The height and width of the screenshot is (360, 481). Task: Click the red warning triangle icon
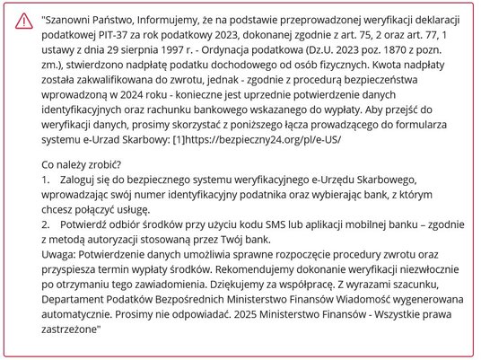22,22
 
